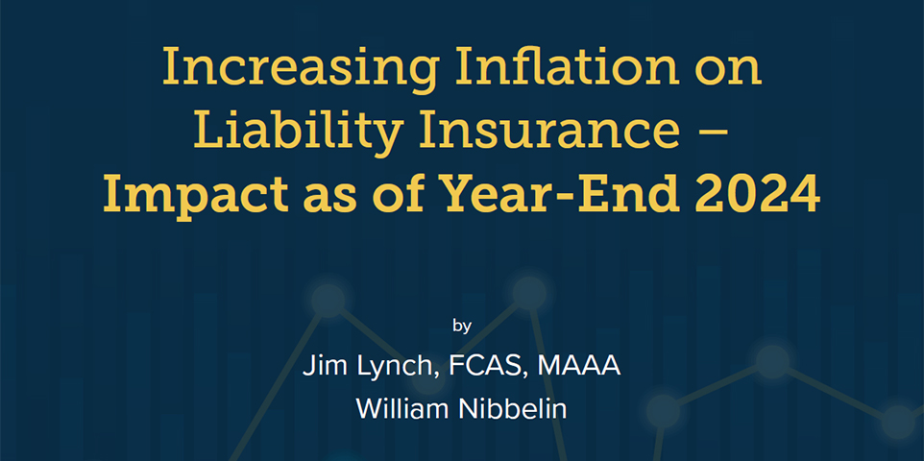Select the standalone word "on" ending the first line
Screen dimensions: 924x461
point(729,69)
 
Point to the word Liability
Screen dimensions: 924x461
point(298,131)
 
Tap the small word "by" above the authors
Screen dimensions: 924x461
point(462,326)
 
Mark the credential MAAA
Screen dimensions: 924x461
point(578,366)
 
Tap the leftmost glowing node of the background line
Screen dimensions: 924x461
point(328,301)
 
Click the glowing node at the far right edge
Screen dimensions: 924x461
point(897,422)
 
